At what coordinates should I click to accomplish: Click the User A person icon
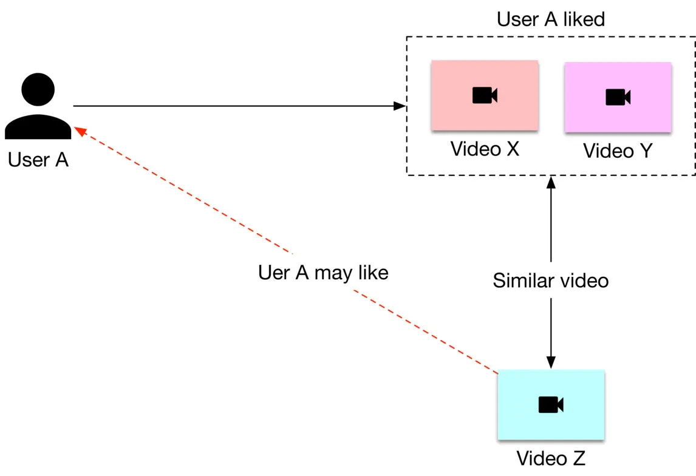click(38, 107)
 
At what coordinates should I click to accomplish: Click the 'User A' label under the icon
click(38, 160)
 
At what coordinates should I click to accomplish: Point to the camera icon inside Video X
click(485, 95)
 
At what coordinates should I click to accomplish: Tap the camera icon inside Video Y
click(618, 97)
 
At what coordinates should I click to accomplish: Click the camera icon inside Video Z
click(551, 405)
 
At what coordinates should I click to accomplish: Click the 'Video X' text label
click(485, 149)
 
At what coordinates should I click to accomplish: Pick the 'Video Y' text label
click(618, 151)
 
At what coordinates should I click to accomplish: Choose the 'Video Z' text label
click(551, 457)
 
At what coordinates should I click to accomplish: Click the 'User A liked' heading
click(551, 19)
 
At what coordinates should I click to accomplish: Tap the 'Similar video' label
click(550, 280)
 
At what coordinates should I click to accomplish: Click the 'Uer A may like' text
click(323, 273)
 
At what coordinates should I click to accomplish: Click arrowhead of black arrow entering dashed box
click(400, 106)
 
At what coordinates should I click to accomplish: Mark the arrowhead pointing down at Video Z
click(551, 362)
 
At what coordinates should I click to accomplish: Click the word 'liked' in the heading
click(583, 19)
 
